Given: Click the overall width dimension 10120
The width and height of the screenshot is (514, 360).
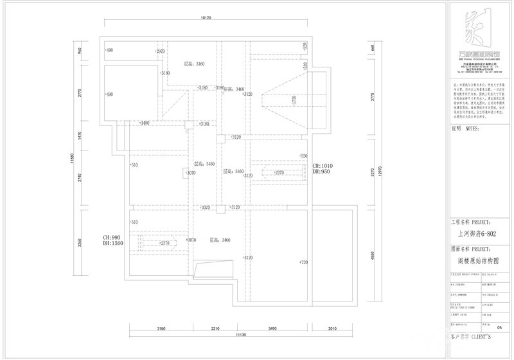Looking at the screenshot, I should pos(206,18).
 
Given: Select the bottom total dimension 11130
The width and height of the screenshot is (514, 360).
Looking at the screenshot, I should pos(242,336).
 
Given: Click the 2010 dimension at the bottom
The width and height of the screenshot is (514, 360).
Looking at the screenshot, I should pos(332,328).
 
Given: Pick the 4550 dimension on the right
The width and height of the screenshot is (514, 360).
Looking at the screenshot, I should pos(372,255).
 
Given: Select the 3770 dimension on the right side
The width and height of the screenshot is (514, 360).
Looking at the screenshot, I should pos(372,98).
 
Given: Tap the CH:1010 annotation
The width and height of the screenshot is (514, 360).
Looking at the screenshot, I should pos(321,166).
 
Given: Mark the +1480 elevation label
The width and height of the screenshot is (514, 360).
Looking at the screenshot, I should pos(144,123).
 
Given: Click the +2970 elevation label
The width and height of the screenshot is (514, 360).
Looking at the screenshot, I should pos(159,50).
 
